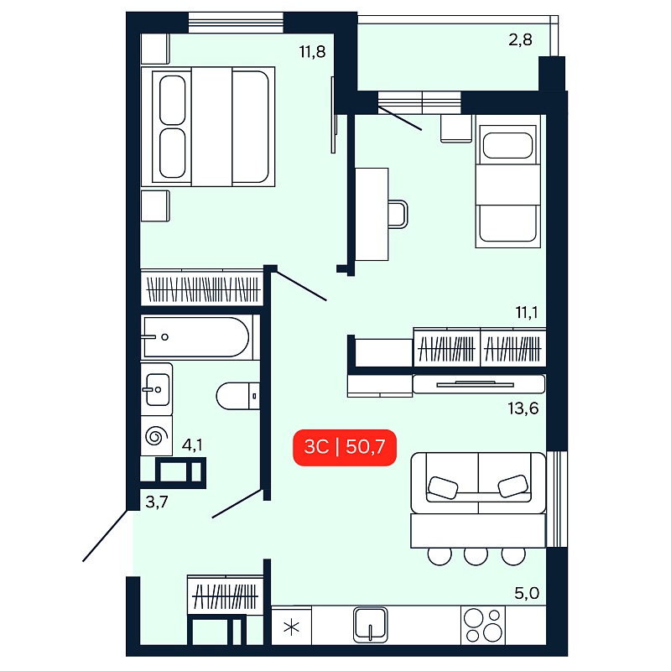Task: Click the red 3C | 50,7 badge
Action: (345, 448)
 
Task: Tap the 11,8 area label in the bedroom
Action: (312, 52)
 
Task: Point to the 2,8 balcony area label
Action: (520, 39)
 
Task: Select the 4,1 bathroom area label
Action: (192, 445)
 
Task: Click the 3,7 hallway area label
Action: (157, 502)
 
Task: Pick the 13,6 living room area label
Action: (523, 408)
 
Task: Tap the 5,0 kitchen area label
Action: (527, 593)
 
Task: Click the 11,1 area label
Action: (527, 313)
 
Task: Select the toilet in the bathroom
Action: (238, 396)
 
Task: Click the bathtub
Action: (196, 337)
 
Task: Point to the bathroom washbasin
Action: (157, 389)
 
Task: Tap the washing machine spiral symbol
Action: (156, 436)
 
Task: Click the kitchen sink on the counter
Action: (371, 625)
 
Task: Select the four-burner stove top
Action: (483, 625)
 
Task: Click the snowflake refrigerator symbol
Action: (292, 628)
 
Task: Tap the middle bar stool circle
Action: (476, 556)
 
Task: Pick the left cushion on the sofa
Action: (443, 488)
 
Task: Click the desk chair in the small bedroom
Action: (398, 214)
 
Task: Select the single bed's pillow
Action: (507, 145)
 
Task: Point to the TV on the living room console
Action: (475, 384)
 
